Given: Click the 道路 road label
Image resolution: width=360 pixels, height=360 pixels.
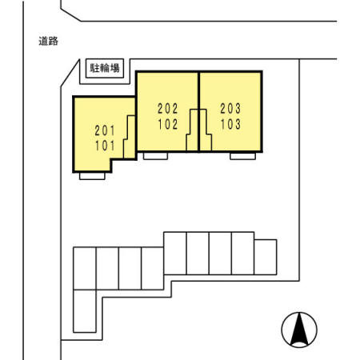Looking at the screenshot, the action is click(x=48, y=41).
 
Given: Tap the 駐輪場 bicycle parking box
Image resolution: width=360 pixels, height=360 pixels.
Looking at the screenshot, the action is click(x=105, y=68).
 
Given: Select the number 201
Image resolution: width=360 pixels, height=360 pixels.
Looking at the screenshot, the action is click(x=105, y=130).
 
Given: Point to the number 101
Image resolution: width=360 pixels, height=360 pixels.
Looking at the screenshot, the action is click(x=105, y=146).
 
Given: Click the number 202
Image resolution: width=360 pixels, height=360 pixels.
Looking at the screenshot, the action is click(x=168, y=109).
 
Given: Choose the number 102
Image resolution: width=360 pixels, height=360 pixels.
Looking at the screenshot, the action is click(x=168, y=124).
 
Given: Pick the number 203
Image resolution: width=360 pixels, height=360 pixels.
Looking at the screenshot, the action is click(x=230, y=109).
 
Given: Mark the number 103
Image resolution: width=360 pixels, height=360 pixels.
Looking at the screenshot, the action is click(x=230, y=124).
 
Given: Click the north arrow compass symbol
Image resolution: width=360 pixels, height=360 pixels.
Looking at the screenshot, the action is click(x=299, y=330).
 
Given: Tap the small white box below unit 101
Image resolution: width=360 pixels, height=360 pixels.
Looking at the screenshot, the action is click(x=92, y=176).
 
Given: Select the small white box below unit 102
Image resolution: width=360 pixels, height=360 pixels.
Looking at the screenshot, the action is click(x=155, y=156).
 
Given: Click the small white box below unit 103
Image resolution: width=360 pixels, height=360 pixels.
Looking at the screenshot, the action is click(x=242, y=156).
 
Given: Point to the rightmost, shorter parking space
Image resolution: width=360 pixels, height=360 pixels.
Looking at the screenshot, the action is click(x=266, y=257).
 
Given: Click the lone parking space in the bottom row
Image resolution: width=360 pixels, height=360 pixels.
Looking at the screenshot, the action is click(x=85, y=311).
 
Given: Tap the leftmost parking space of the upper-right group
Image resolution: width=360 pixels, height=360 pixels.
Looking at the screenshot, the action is click(x=175, y=253).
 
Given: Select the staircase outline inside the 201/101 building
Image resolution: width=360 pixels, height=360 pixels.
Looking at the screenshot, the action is click(x=129, y=137).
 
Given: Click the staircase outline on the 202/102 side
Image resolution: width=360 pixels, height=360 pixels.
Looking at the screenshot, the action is click(x=192, y=130).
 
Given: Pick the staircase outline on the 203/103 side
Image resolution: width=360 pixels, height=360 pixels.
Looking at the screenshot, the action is click(x=206, y=130).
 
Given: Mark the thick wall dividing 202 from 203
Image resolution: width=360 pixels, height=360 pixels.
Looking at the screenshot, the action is click(x=199, y=111).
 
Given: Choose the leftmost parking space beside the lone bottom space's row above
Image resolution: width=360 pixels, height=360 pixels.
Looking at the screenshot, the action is click(x=85, y=268).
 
